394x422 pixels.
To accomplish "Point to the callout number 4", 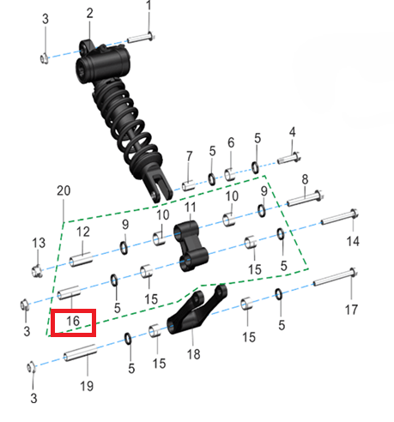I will (292, 131).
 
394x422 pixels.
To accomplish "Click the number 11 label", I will (191, 208).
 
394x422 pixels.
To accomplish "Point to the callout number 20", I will (61, 189).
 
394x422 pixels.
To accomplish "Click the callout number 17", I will (351, 310).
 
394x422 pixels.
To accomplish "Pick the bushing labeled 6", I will (230, 173).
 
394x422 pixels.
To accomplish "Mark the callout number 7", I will (189, 155).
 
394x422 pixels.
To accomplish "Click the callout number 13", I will (37, 244).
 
